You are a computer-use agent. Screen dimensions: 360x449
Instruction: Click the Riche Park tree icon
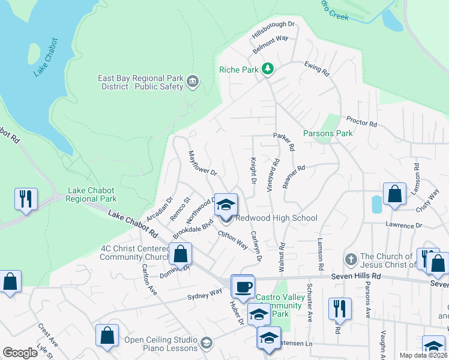coord(268,70)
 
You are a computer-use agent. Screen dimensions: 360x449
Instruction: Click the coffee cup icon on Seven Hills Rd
coord(243,286)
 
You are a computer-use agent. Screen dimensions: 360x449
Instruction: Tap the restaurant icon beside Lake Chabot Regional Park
coord(26,199)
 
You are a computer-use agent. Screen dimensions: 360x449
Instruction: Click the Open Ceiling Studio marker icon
coord(206,343)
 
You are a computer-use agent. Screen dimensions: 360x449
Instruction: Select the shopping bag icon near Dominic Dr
coord(180,254)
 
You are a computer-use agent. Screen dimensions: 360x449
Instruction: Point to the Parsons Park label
coord(328,133)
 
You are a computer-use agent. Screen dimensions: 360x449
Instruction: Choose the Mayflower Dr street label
coord(202,163)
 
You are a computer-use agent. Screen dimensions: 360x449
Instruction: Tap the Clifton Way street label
coord(232,239)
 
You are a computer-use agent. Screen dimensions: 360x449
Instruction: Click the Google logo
coord(20,353)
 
